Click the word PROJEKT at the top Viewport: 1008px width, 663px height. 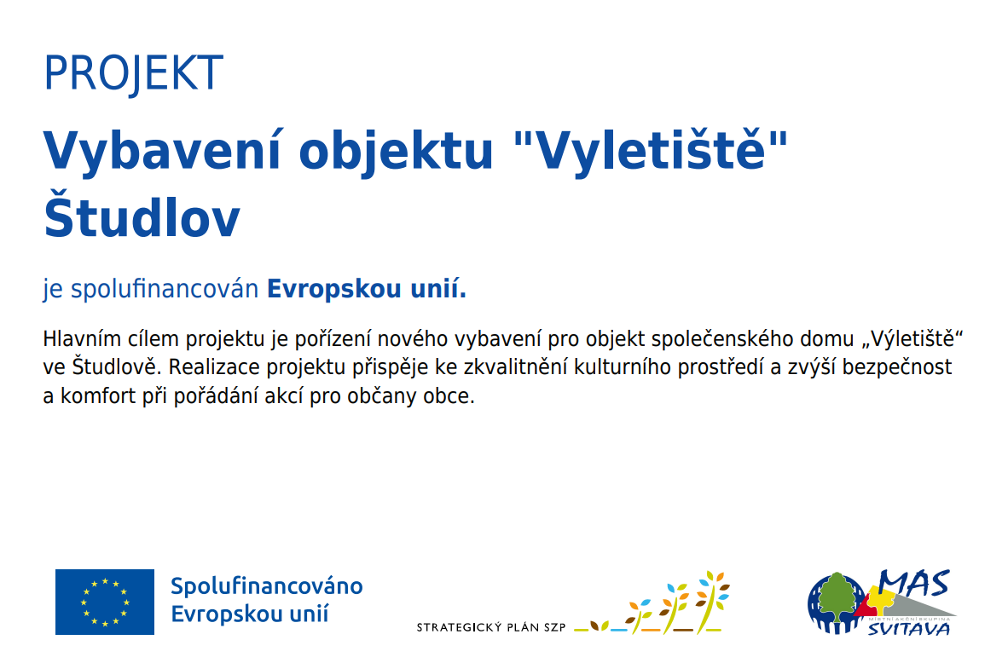[134, 73]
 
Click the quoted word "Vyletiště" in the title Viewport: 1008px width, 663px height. [652, 152]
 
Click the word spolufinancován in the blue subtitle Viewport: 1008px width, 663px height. [165, 289]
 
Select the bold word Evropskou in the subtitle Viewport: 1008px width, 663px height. [334, 289]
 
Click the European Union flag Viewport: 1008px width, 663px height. [105, 602]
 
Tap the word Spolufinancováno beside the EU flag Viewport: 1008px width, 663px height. [267, 586]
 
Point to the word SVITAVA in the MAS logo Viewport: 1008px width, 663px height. [909, 628]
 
